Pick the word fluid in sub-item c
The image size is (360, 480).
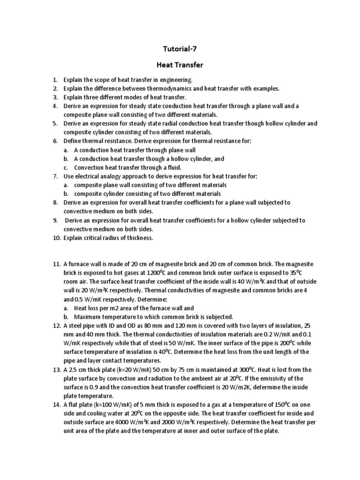click(172, 167)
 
